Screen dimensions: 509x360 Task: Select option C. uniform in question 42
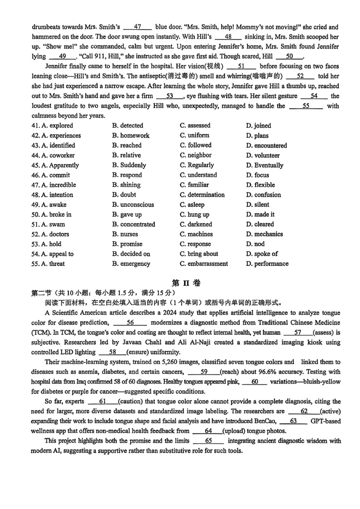194,135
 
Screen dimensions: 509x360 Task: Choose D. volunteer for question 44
263,155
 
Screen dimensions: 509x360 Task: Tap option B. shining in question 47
126,185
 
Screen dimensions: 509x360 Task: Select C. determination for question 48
202,195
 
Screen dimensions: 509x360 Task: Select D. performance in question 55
267,264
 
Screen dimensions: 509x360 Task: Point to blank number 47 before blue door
138,27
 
